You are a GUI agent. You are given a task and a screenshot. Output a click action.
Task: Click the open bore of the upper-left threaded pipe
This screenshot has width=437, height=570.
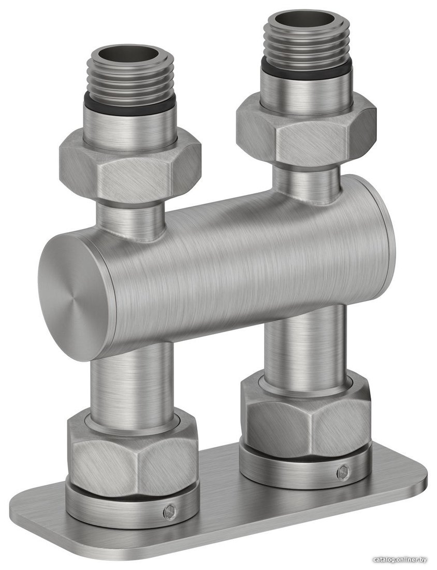tap(132, 55)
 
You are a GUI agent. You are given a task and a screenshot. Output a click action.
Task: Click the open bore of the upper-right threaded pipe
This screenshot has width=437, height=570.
tap(305, 19)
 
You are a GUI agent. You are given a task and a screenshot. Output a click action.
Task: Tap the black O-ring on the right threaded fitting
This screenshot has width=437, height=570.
tap(306, 69)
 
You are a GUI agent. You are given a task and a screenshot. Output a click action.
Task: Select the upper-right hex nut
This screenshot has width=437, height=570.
tap(306, 131)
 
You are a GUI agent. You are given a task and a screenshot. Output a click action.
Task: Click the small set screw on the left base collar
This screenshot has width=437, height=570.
tap(170, 512)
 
